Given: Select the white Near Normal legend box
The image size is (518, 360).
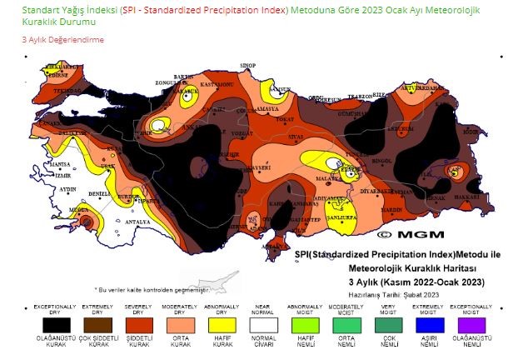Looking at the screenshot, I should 264,325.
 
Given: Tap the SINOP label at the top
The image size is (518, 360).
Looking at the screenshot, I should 247,64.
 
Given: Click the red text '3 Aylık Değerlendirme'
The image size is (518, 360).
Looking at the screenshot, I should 63,39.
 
